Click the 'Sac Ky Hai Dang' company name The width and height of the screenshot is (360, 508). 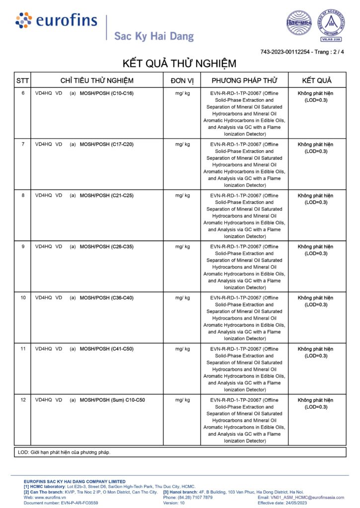pyautogui.click(x=154, y=36)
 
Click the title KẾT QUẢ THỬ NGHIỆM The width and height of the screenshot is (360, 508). pyautogui.click(x=179, y=64)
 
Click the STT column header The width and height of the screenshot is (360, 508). pyautogui.click(x=23, y=80)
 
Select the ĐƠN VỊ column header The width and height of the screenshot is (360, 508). pyautogui.click(x=182, y=80)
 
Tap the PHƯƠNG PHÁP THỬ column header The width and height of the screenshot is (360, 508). pyautogui.click(x=244, y=80)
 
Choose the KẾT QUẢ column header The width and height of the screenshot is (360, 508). pyautogui.click(x=317, y=80)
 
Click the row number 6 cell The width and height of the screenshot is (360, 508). pyautogui.click(x=23, y=93)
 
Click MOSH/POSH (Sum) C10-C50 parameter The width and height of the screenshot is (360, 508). pyautogui.click(x=112, y=400)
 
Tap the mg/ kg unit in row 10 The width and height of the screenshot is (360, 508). pyautogui.click(x=182, y=298)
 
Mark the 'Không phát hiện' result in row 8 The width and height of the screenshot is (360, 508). pyautogui.click(x=315, y=195)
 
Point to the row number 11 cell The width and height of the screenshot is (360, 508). pyautogui.click(x=23, y=349)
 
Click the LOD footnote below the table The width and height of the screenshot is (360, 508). pyautogui.click(x=64, y=452)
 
